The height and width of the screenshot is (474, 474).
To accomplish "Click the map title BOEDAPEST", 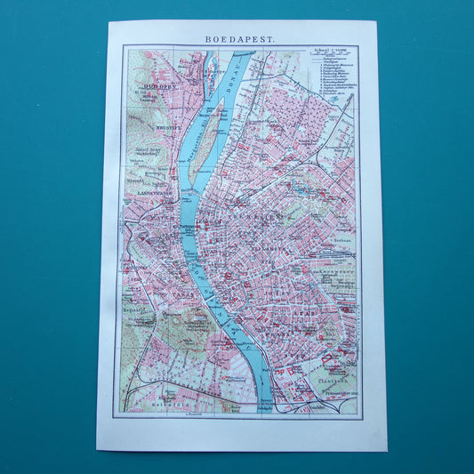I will coord(241,39).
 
